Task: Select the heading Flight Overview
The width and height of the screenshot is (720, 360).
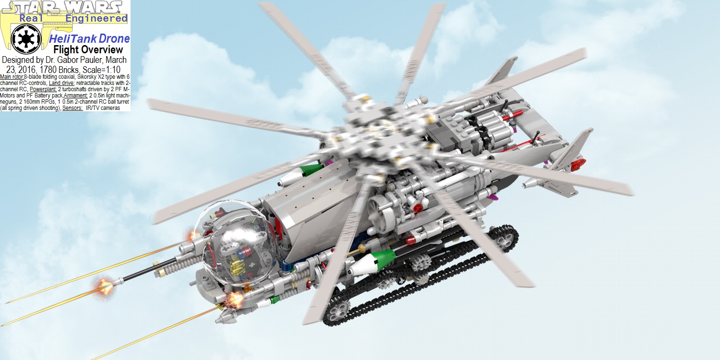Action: [x=88, y=49]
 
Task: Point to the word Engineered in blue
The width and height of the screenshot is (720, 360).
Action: [x=96, y=19]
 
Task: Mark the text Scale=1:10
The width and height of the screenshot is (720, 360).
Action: [x=98, y=69]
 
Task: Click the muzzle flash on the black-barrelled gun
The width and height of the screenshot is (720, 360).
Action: [x=105, y=287]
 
